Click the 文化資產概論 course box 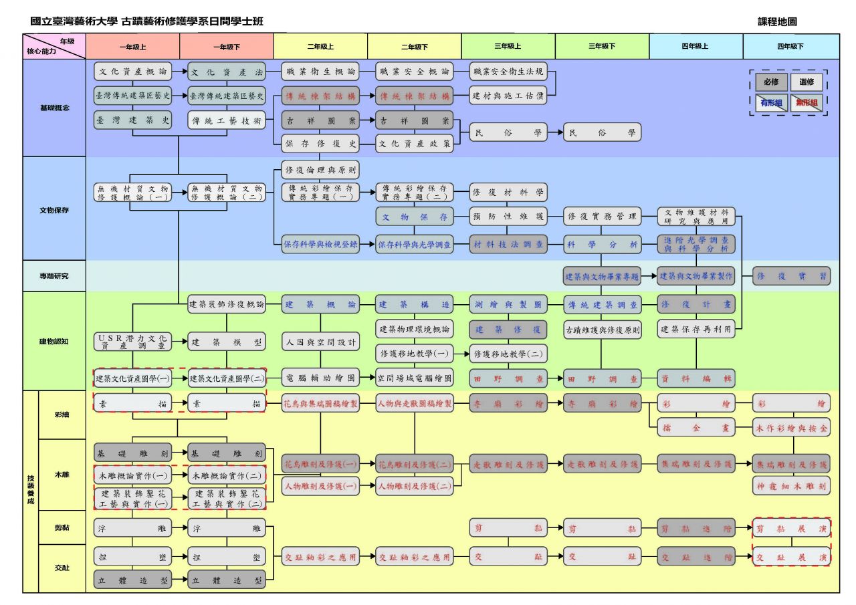(x=132, y=71)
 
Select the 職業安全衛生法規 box (x=508, y=71)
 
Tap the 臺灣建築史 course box (x=132, y=120)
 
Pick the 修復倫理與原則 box (x=320, y=168)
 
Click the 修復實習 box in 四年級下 (x=792, y=275)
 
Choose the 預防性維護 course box (x=508, y=217)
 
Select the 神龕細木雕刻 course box (x=792, y=485)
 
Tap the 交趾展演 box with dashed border (x=792, y=557)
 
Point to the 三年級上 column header (x=508, y=47)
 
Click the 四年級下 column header (x=790, y=47)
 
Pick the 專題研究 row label (x=54, y=275)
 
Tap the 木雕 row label (x=62, y=475)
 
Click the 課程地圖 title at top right (x=777, y=22)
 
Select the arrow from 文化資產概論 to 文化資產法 (x=180, y=71)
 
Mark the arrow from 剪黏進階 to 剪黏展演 (x=744, y=528)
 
